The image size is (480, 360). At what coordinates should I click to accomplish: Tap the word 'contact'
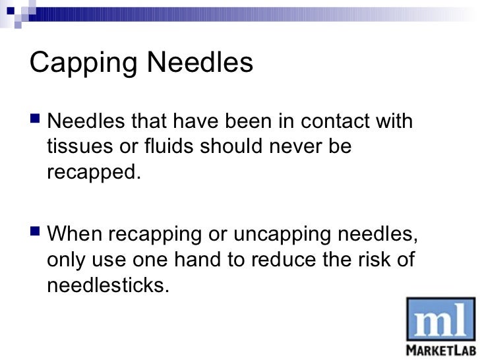(x=336, y=122)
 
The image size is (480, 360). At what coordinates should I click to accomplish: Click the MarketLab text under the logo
(x=440, y=349)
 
